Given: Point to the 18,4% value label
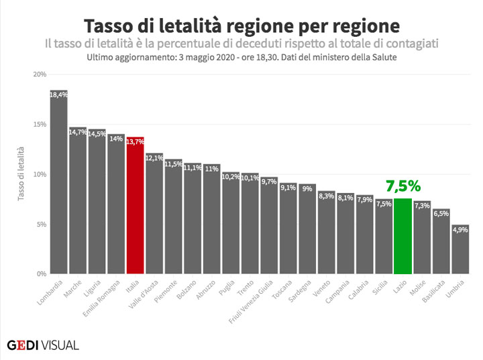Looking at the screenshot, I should click(x=59, y=95).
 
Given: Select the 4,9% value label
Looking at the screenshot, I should click(x=460, y=229).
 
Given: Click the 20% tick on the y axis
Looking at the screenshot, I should click(x=39, y=74).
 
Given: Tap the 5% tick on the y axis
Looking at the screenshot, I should click(x=40, y=225).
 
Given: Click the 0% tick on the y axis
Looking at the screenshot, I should click(x=40, y=274).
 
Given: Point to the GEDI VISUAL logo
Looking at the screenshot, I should click(x=43, y=345).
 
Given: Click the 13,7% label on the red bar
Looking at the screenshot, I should click(x=136, y=141).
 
